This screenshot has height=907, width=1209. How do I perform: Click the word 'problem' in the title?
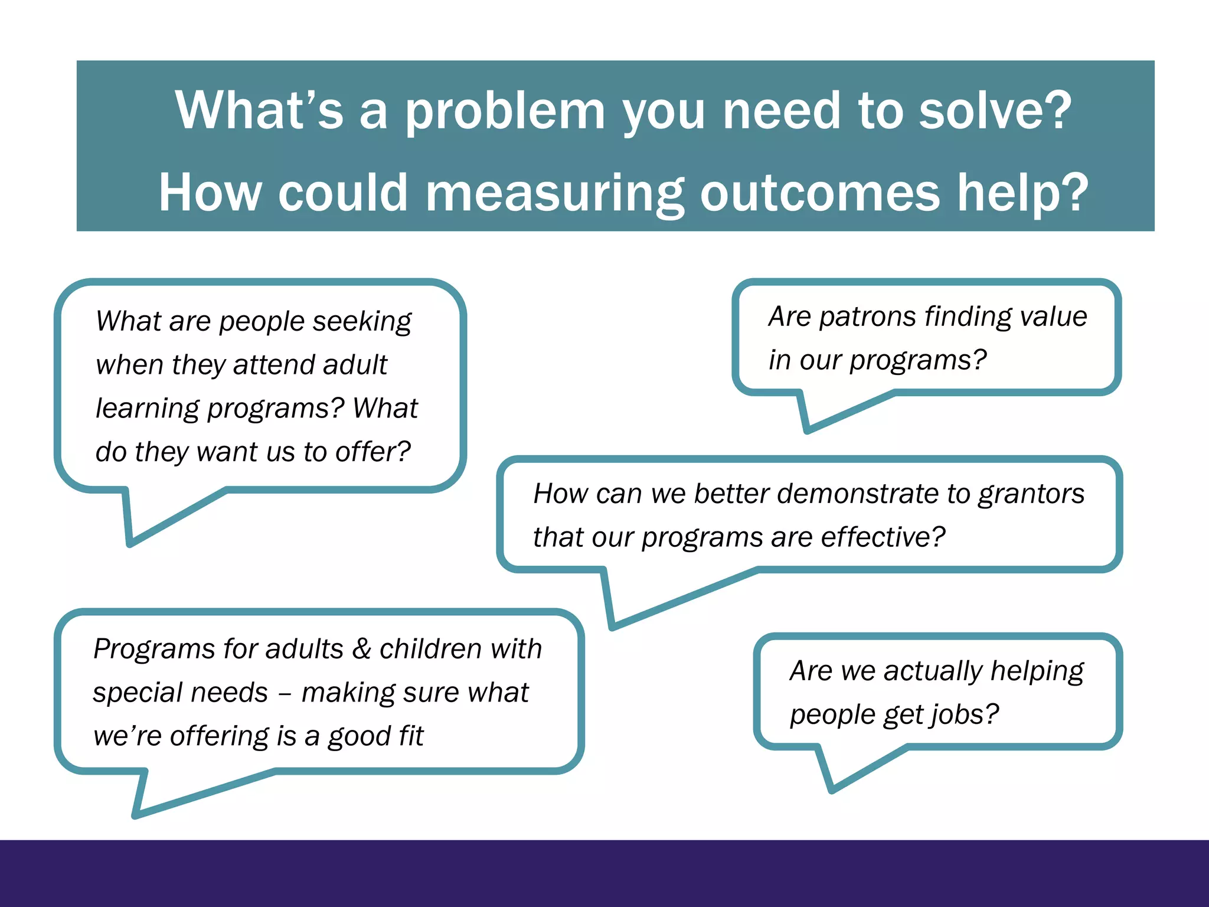[505, 112]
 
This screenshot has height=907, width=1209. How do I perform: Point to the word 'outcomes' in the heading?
[819, 193]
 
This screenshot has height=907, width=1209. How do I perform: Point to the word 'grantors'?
[1031, 495]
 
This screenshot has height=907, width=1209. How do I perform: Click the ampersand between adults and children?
[361, 649]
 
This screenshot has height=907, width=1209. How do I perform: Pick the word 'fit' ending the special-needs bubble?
[411, 736]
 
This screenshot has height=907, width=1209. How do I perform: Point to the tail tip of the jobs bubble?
[831, 791]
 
